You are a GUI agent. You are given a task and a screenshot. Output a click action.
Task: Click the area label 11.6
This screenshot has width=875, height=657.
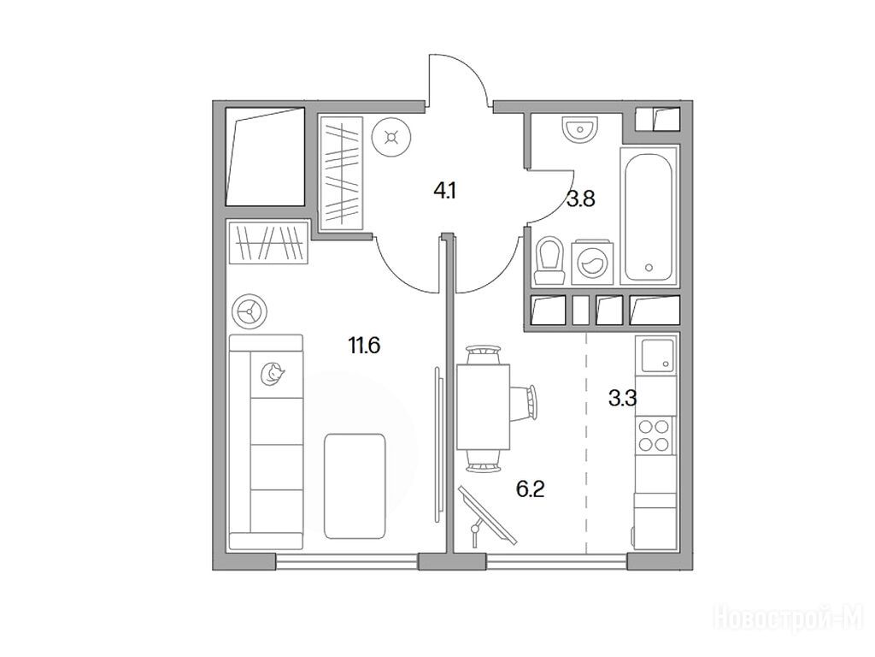click(364, 346)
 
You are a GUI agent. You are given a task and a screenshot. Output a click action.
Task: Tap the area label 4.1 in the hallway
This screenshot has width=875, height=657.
click(445, 192)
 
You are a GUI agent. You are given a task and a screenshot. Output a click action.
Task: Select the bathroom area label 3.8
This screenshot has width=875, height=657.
click(581, 198)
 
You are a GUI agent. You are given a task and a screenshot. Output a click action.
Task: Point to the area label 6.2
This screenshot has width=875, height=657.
click(530, 489)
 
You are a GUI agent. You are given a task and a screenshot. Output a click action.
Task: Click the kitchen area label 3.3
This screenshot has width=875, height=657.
click(622, 399)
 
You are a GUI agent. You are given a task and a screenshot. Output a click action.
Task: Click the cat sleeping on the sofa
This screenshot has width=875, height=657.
click(273, 373)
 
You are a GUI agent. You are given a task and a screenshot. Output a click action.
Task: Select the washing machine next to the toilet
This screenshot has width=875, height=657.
click(591, 262)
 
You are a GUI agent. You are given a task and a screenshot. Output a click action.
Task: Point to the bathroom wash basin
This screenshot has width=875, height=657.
click(580, 129)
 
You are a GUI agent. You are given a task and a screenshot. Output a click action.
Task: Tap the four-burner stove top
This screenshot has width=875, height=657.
click(654, 435)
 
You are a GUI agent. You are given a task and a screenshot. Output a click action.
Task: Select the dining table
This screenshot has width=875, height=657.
click(484, 406)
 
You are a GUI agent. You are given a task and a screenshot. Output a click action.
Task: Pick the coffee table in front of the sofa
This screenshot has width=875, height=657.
click(355, 486)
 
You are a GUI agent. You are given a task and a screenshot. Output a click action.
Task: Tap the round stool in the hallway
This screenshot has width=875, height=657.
click(392, 138)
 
